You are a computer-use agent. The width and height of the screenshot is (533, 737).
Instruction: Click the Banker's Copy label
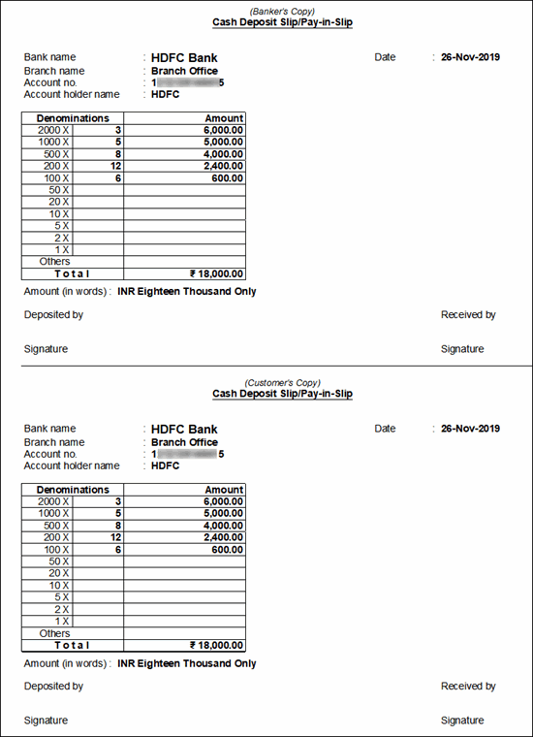click(282, 10)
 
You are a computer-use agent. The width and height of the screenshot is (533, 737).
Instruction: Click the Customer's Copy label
click(282, 382)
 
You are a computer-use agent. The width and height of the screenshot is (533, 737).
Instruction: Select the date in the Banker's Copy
click(470, 57)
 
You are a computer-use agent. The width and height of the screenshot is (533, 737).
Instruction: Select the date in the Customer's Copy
click(470, 429)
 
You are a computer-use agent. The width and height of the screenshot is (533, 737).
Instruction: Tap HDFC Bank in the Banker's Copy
click(184, 57)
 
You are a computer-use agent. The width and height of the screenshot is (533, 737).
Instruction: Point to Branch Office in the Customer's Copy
click(184, 442)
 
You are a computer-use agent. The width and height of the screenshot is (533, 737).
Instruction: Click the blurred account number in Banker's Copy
click(188, 82)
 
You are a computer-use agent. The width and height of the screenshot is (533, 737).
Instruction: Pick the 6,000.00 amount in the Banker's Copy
click(224, 130)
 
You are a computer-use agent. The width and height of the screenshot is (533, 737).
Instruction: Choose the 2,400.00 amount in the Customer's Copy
click(224, 537)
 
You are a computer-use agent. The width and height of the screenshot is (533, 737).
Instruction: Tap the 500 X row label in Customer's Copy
click(53, 526)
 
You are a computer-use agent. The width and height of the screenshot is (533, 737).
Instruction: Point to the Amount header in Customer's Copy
click(225, 490)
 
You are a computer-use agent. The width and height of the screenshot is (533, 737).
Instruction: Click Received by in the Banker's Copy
click(468, 315)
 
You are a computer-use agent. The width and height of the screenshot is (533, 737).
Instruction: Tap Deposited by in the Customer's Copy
click(53, 687)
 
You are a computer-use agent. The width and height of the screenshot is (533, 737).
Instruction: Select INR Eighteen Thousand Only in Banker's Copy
click(187, 292)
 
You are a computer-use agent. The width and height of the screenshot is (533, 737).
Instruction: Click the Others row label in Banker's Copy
click(55, 262)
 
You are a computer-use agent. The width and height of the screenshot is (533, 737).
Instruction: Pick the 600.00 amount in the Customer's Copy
click(228, 549)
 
